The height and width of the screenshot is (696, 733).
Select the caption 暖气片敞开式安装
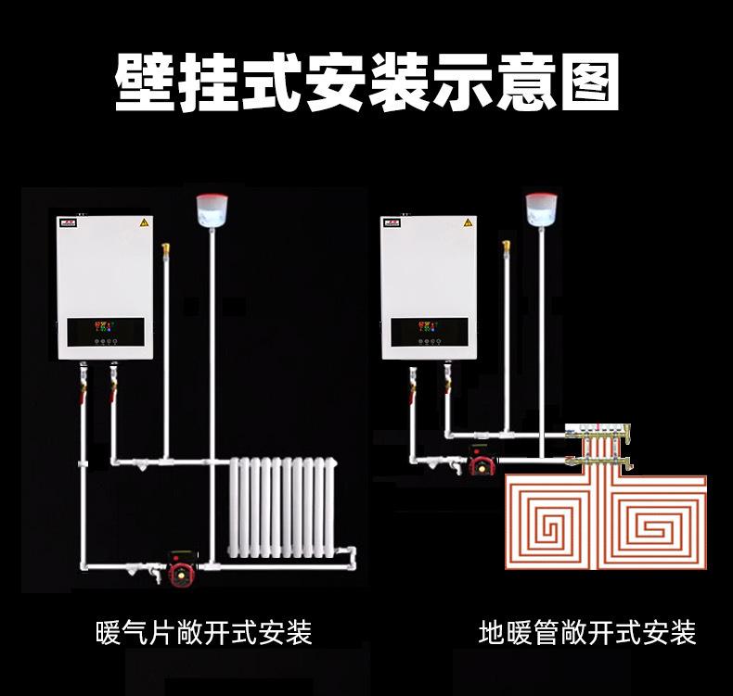pos(204,633)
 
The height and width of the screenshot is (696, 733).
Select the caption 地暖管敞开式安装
pos(587,633)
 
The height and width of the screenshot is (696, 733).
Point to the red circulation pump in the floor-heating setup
pos(483,461)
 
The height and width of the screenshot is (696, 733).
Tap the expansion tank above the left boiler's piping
pos(212,208)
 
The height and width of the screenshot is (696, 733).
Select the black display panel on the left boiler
pos(105,330)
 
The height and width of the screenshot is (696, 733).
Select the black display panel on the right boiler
pos(430,330)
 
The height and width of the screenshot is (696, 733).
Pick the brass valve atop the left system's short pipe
pos(166,249)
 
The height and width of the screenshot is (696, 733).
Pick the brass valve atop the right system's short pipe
pos(507,247)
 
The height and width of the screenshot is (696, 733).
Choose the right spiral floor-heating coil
pos(658,526)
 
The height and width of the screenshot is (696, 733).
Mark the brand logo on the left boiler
pos(68,223)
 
